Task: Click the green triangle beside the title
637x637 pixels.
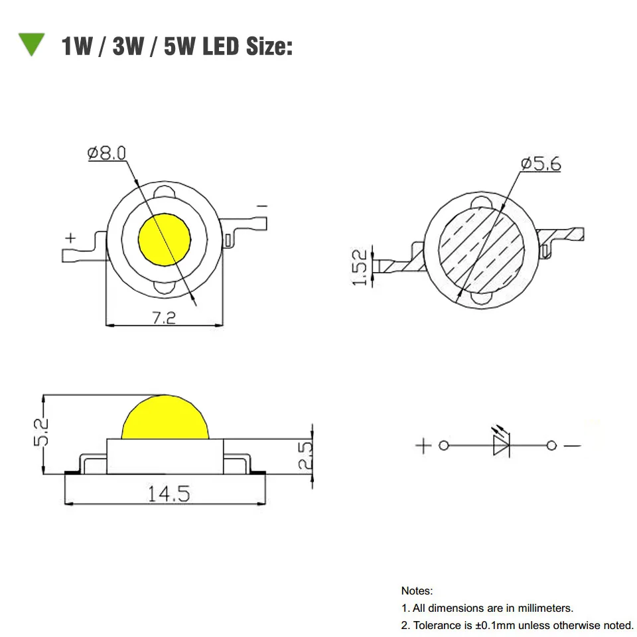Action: click(31, 42)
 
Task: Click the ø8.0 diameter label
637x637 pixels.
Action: click(107, 153)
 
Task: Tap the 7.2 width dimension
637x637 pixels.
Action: click(164, 318)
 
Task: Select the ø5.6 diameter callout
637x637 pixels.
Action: click(541, 164)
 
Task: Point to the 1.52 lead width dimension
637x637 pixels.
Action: click(360, 267)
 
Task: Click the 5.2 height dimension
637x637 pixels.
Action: click(41, 432)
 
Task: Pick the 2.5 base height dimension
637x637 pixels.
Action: click(305, 455)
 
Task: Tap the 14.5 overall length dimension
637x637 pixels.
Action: click(169, 494)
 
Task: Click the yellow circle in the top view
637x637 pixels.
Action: click(165, 240)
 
